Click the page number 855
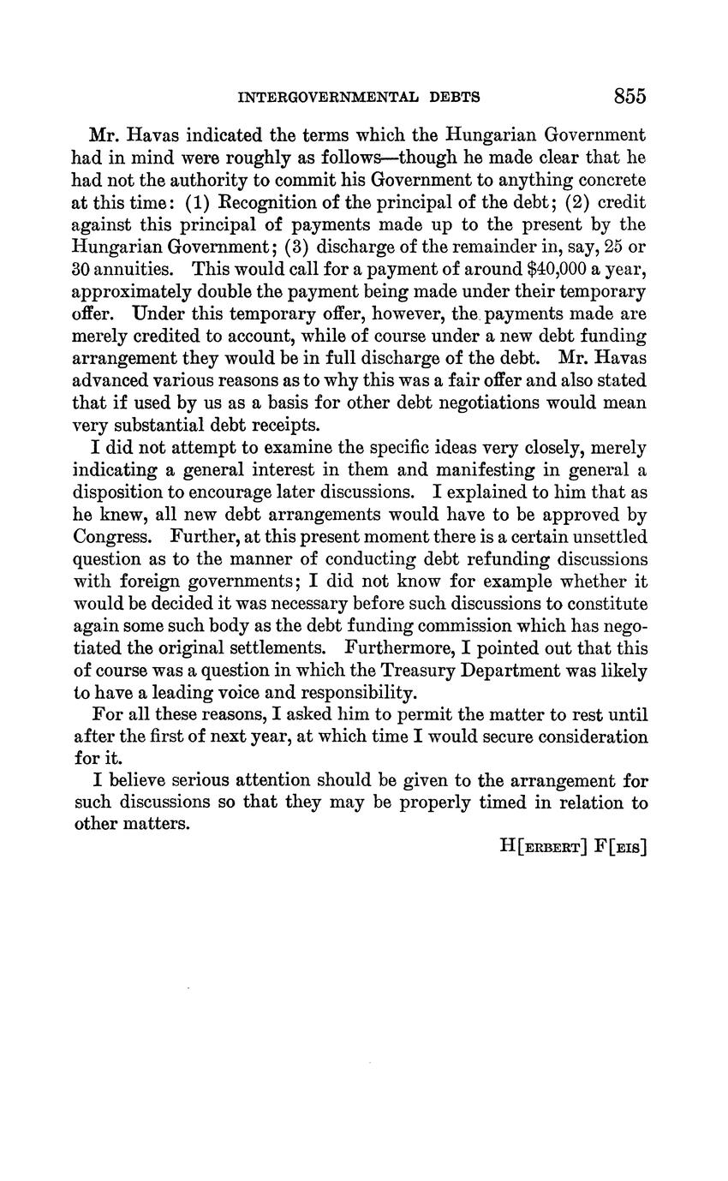tap(630, 96)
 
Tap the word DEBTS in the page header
tap(455, 98)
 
